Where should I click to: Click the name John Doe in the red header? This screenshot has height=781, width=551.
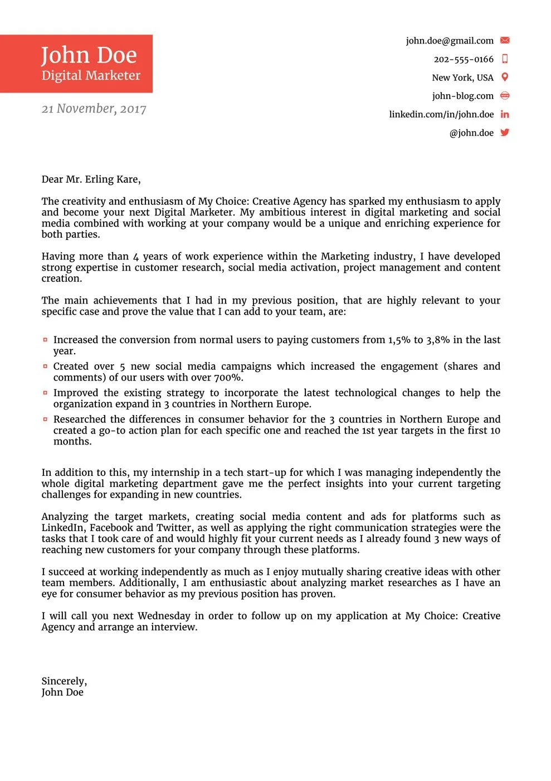89,55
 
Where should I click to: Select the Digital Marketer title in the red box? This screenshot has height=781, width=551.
91,76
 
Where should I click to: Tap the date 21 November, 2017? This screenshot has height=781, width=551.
94,109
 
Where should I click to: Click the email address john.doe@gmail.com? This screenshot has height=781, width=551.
450,41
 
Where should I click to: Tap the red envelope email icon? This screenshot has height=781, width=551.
505,40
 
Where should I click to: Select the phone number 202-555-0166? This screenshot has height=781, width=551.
464,59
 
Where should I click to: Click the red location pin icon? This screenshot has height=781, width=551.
505,77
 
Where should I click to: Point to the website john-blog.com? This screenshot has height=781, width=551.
462,96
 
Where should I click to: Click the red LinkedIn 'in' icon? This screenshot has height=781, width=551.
505,114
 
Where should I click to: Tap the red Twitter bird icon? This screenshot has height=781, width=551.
505,132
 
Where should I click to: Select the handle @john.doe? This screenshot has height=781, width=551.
471,133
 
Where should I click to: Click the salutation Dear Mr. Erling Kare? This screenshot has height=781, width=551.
91,179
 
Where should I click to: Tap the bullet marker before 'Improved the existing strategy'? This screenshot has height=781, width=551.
45,393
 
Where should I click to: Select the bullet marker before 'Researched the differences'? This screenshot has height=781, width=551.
45,419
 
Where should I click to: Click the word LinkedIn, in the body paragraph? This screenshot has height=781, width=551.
64,528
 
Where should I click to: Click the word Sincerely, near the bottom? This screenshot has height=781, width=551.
64,681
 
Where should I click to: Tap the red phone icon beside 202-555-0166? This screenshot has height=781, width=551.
505,59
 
